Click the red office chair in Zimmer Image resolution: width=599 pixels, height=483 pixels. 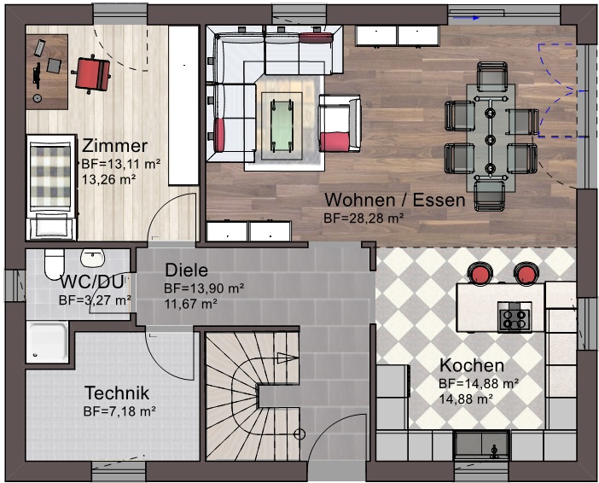[x=91, y=74]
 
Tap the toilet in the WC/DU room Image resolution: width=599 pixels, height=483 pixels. [x=54, y=264]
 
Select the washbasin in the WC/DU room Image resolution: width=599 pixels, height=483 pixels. [x=92, y=258]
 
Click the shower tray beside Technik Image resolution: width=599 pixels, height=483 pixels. [x=48, y=341]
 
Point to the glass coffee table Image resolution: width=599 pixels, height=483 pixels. [x=282, y=125]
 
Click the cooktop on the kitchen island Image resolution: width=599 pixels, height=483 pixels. [x=515, y=317]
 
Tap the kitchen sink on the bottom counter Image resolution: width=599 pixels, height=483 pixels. [x=481, y=445]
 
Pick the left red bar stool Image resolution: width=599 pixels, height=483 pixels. [x=480, y=273]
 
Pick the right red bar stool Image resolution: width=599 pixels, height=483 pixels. [x=526, y=273]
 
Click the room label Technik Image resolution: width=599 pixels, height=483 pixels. [x=117, y=393]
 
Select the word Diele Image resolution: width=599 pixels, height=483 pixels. [x=186, y=271]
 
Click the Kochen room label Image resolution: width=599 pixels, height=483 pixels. [x=472, y=365]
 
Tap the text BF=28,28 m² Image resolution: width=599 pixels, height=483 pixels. [x=363, y=218]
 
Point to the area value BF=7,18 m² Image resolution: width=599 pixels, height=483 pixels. [x=119, y=411]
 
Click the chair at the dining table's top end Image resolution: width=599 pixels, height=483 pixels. [x=492, y=77]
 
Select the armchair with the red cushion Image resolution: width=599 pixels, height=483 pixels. [x=340, y=123]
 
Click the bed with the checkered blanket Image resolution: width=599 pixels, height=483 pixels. [x=51, y=187]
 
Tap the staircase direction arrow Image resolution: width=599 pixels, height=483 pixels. [x=288, y=358]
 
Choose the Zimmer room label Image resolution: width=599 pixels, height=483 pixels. [x=114, y=146]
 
